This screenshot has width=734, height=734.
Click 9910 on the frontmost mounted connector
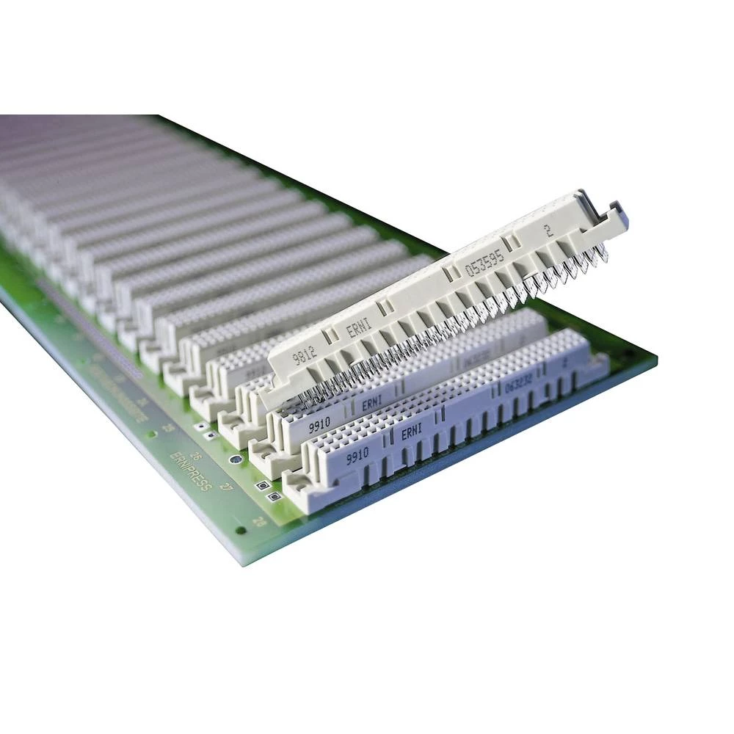point(357,454)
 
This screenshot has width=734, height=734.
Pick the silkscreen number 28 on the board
point(258,521)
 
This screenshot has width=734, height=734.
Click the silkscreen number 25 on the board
point(167,427)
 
